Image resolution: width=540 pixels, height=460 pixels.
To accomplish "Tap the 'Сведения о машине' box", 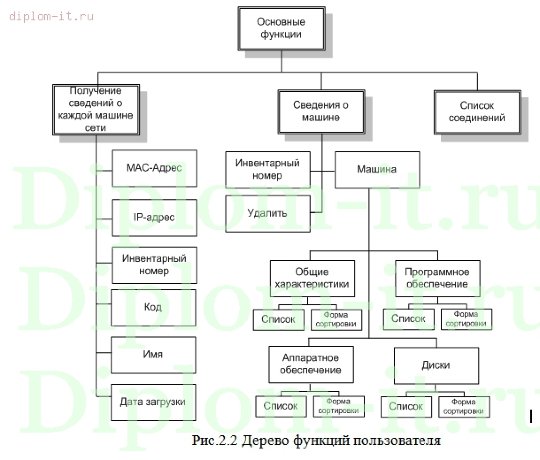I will (320, 110).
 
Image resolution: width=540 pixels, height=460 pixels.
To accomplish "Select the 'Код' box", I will (153, 307).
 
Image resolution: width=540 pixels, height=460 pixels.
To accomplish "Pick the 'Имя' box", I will (153, 354).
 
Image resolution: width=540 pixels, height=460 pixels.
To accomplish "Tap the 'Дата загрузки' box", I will (153, 401).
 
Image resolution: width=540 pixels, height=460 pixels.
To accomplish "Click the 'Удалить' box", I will (267, 213).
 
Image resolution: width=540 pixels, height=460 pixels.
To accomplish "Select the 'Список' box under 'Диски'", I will (405, 407).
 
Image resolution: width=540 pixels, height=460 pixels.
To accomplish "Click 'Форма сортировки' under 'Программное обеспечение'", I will (465, 320).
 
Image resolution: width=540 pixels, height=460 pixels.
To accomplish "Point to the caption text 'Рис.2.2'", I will (216, 441).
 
